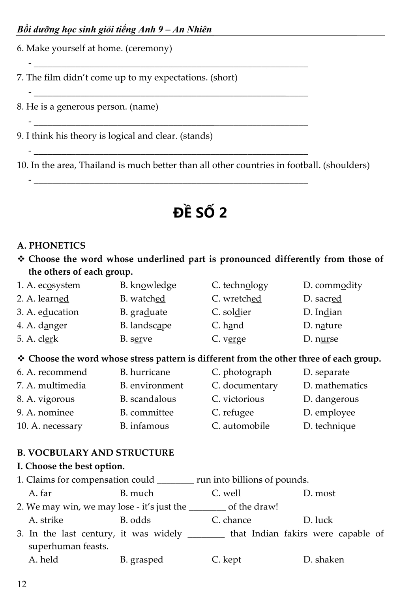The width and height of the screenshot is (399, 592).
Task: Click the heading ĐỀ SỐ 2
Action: click(x=200, y=213)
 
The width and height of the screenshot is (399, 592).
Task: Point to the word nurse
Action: click(x=326, y=339)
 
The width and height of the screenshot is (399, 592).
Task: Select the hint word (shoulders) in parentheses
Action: click(x=346, y=165)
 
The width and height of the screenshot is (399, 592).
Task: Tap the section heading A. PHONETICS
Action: click(x=51, y=245)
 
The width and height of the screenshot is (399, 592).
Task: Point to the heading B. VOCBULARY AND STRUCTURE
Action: click(x=96, y=453)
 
